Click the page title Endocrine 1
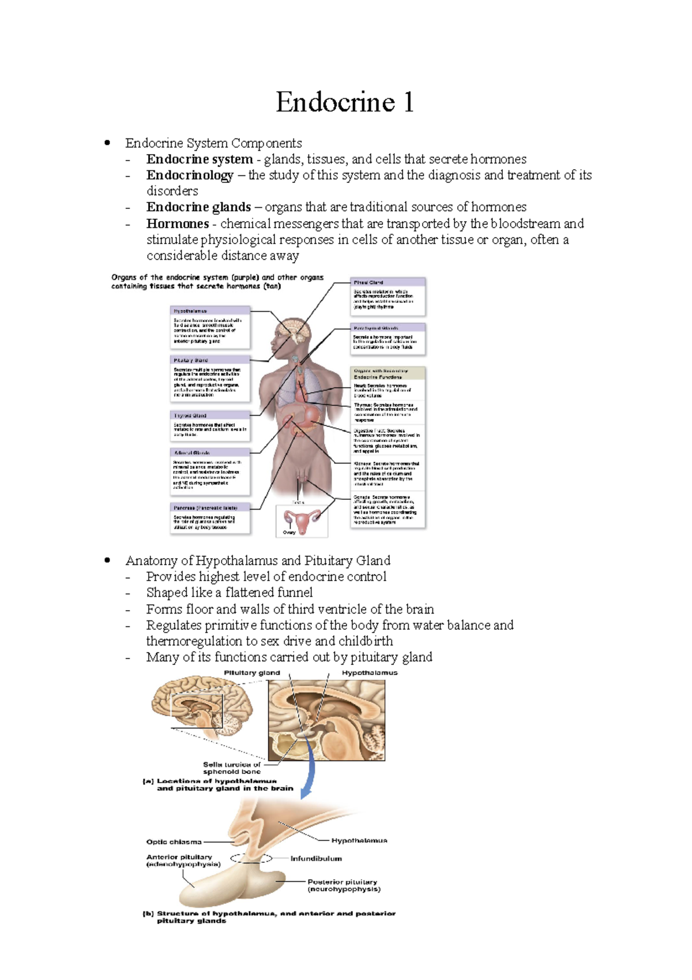[x=345, y=103]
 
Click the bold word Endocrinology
[x=190, y=175]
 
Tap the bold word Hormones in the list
[x=177, y=223]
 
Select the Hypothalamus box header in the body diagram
[x=191, y=311]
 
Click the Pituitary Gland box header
[x=191, y=360]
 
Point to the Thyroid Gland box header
[x=190, y=416]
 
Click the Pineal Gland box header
[x=368, y=282]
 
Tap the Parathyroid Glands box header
[x=375, y=328]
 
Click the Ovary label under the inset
[x=289, y=533]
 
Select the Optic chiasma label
[x=174, y=842]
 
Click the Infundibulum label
[x=316, y=859]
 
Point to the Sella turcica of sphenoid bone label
[x=232, y=768]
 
